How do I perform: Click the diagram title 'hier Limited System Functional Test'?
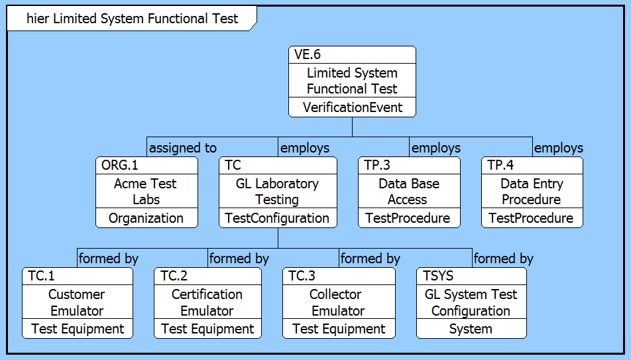pos(132,19)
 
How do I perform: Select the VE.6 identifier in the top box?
pos(308,55)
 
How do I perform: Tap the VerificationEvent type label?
pos(352,107)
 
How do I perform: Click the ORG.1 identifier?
pos(121,166)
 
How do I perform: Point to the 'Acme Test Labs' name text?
pos(146,192)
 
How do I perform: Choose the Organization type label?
pos(146,218)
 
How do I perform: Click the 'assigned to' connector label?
pos(183,148)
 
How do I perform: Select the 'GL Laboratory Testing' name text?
pos(277,192)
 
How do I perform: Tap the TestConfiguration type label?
pos(277,218)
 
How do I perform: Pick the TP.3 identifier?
pos(378,166)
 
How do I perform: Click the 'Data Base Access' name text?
pos(408,192)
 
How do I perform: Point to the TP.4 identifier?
pos(501,166)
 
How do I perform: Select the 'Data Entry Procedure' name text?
pos(532,192)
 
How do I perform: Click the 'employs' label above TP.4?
pos(559,148)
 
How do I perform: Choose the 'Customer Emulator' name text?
pos(77,302)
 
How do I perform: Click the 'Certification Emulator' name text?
pos(207,302)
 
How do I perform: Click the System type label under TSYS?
pos(471,329)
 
